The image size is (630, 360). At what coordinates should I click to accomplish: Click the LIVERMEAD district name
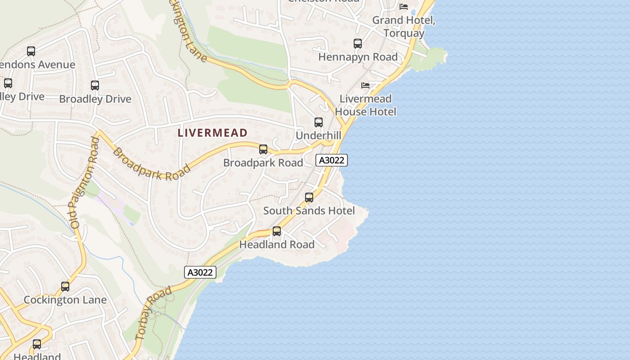[x=212, y=133]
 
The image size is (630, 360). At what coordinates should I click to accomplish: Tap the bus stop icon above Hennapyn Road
[x=358, y=44]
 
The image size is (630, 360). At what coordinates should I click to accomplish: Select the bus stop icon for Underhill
[x=319, y=122]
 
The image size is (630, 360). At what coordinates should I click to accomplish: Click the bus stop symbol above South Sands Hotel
[x=309, y=198]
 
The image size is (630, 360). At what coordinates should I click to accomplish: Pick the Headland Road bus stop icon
[x=277, y=231]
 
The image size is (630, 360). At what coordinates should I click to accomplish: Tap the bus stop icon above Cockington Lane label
[x=65, y=287]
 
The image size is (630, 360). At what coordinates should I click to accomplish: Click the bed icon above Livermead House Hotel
[x=365, y=85]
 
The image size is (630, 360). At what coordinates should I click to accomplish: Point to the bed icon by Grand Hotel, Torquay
[x=404, y=7]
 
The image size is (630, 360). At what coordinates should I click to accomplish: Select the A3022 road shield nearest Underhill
[x=332, y=160]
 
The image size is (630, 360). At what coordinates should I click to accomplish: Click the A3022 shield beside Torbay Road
[x=200, y=272]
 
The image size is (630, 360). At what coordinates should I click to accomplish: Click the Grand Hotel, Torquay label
[x=404, y=27]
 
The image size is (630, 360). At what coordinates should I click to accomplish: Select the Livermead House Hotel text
[x=365, y=105]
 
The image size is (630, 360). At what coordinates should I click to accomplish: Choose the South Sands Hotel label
[x=309, y=211]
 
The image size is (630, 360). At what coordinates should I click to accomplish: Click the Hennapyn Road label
[x=358, y=57]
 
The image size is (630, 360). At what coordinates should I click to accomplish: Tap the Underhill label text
[x=318, y=135]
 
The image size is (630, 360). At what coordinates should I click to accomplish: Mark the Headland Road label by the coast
[x=277, y=245]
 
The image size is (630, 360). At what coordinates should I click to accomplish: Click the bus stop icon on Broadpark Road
[x=263, y=149]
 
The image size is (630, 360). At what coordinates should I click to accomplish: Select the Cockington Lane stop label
[x=65, y=300]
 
